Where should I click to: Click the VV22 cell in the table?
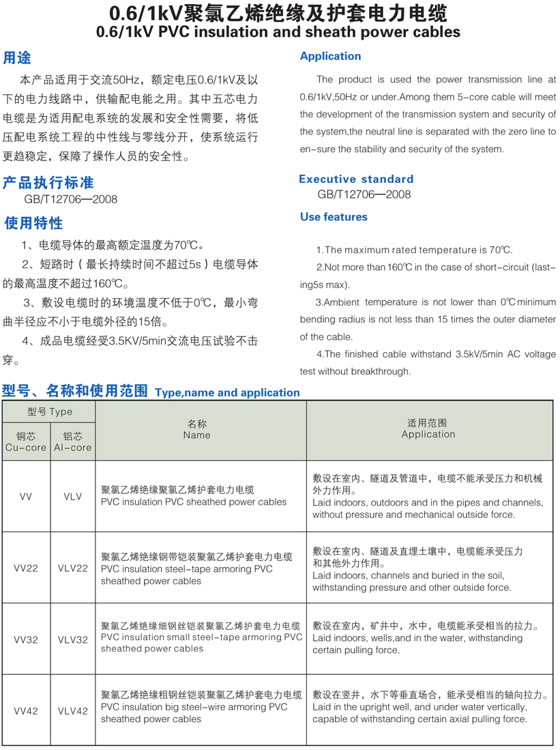click(26, 568)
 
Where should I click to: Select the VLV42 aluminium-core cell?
click(73, 711)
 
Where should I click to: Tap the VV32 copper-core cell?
click(26, 639)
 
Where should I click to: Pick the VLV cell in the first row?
click(73, 497)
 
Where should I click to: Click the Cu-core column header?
click(25, 442)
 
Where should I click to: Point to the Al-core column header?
click(72, 442)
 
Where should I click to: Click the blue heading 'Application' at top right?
click(330, 57)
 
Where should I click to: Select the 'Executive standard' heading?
click(356, 179)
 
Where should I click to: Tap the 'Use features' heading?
click(334, 217)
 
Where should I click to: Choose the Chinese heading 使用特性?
click(33, 223)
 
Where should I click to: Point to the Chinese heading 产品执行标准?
click(48, 183)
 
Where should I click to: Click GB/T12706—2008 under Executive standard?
click(364, 194)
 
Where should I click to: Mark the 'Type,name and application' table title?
click(227, 392)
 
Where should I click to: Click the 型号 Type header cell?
click(49, 412)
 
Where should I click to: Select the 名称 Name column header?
click(196, 430)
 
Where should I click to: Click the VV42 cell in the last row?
click(26, 711)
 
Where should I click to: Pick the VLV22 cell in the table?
click(73, 568)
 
